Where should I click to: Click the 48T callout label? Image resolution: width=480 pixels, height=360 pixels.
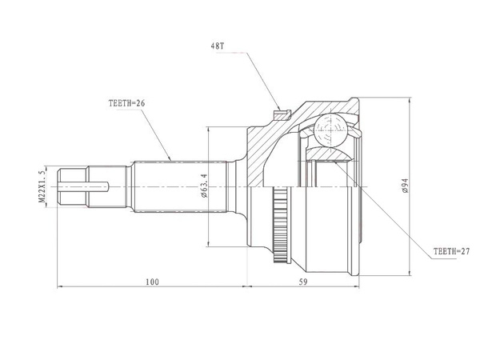point(218,46)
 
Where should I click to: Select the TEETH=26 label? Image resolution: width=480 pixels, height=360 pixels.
point(126,103)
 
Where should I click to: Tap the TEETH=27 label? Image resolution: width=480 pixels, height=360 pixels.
point(451,251)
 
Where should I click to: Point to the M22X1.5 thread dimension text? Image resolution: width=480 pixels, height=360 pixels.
point(42,186)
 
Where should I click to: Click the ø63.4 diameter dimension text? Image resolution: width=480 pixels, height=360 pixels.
point(204,186)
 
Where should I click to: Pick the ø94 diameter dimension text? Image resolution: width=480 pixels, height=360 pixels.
point(406,186)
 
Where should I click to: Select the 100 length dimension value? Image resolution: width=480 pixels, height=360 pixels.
point(152,282)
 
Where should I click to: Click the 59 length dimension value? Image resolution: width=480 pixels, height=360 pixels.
point(302,282)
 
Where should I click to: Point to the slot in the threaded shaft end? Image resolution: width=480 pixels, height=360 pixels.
point(84,186)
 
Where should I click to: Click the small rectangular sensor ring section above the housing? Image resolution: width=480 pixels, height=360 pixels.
point(282,115)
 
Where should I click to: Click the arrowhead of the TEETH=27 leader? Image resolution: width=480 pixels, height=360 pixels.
point(336,162)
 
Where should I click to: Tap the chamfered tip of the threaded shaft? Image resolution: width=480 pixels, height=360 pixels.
point(59,186)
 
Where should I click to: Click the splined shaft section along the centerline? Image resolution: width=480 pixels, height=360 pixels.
point(180,186)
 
